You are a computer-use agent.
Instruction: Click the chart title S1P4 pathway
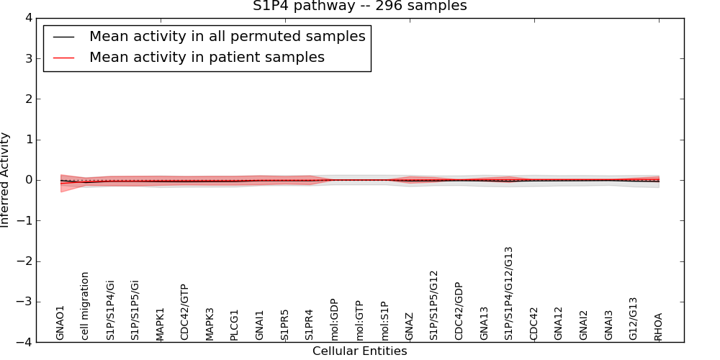(359, 6)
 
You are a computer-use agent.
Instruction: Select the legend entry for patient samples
(207, 58)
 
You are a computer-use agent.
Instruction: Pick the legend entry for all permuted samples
(227, 36)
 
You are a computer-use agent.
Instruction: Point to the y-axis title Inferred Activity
(6, 180)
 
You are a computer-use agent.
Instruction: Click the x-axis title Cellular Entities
(359, 351)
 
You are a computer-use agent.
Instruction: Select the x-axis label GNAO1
(60, 322)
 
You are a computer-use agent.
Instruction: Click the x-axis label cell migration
(85, 305)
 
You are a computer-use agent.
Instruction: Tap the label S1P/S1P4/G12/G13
(509, 293)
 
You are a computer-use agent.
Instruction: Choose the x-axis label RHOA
(658, 325)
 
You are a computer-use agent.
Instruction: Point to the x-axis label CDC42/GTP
(184, 312)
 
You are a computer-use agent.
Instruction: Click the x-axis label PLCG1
(235, 324)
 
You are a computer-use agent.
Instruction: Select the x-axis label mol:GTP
(359, 321)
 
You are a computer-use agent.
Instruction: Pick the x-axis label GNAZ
(409, 325)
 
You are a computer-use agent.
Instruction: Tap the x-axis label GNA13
(484, 323)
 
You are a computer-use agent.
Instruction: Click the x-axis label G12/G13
(634, 318)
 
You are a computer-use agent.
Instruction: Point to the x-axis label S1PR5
(284, 324)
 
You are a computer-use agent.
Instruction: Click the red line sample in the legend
(64, 58)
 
